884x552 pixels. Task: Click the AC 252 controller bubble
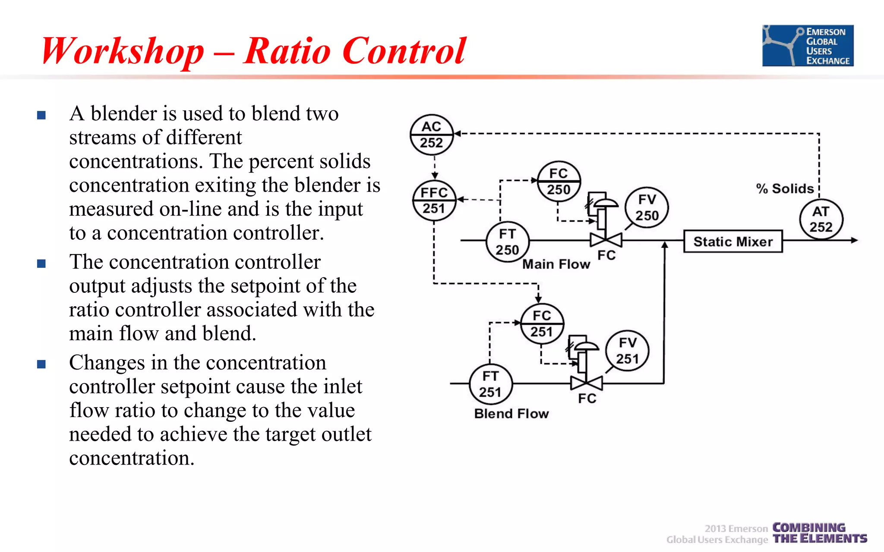pos(431,135)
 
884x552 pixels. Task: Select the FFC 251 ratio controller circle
pos(434,201)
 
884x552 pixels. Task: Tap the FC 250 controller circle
pos(559,182)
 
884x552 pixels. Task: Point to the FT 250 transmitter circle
pos(507,241)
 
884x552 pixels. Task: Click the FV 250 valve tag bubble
pos(647,208)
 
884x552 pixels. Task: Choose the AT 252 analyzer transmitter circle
pos(821,219)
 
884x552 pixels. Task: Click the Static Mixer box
pos(733,241)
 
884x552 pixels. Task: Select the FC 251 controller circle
pos(542,323)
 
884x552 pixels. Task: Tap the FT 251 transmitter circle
pos(490,384)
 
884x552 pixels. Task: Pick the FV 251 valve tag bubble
pos(627,351)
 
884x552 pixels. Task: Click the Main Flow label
pos(556,264)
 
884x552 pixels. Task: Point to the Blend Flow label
pos(511,414)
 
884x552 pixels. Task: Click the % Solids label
pos(785,188)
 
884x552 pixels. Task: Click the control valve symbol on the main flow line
pos(606,239)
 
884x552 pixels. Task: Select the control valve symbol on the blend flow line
pos(586,382)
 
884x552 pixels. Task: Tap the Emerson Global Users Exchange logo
pos(808,46)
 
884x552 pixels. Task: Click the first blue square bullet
pos(41,115)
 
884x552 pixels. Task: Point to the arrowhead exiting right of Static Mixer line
pos(854,240)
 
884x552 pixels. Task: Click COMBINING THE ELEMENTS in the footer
pos(819,533)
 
